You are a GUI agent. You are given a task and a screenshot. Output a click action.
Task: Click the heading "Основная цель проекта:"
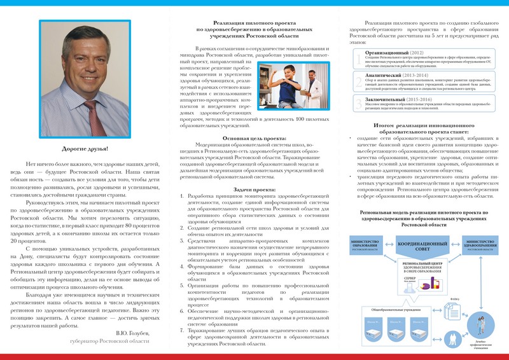(253, 138)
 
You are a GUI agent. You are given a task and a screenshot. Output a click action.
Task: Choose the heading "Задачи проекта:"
(253, 190)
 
